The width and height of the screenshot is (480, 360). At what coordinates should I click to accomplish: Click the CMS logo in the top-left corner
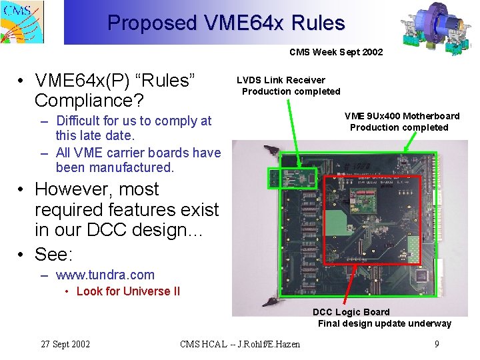(21, 21)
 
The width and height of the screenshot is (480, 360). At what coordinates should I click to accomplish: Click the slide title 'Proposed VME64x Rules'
(226, 23)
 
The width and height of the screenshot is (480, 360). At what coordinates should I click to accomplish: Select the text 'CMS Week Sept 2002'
(336, 52)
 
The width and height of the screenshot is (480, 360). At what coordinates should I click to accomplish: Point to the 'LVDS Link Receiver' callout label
(281, 80)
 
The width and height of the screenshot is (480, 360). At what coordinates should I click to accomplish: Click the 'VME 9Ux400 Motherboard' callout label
(402, 116)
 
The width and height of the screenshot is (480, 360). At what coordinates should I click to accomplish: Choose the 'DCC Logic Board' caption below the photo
(351, 312)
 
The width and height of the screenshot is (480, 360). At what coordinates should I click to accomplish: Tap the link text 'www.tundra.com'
(105, 275)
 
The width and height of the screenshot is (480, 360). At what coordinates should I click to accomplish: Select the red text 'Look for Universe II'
(128, 291)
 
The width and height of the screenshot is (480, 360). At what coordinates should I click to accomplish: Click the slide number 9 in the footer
(436, 344)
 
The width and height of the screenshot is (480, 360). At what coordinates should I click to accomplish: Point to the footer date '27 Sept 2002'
(65, 344)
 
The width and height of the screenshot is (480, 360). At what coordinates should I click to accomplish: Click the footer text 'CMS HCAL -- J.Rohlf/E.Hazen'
(240, 344)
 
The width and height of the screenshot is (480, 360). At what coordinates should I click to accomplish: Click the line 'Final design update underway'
(384, 324)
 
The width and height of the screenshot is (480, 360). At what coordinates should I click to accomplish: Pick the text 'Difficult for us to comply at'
(134, 121)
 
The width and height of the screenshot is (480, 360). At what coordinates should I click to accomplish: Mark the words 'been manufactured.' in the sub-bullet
(115, 167)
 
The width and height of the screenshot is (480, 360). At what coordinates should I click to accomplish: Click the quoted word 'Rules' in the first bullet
(164, 81)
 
